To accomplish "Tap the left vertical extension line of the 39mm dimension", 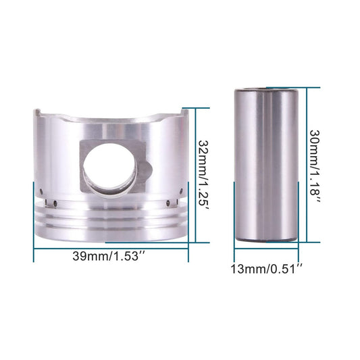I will [x=33, y=223].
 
